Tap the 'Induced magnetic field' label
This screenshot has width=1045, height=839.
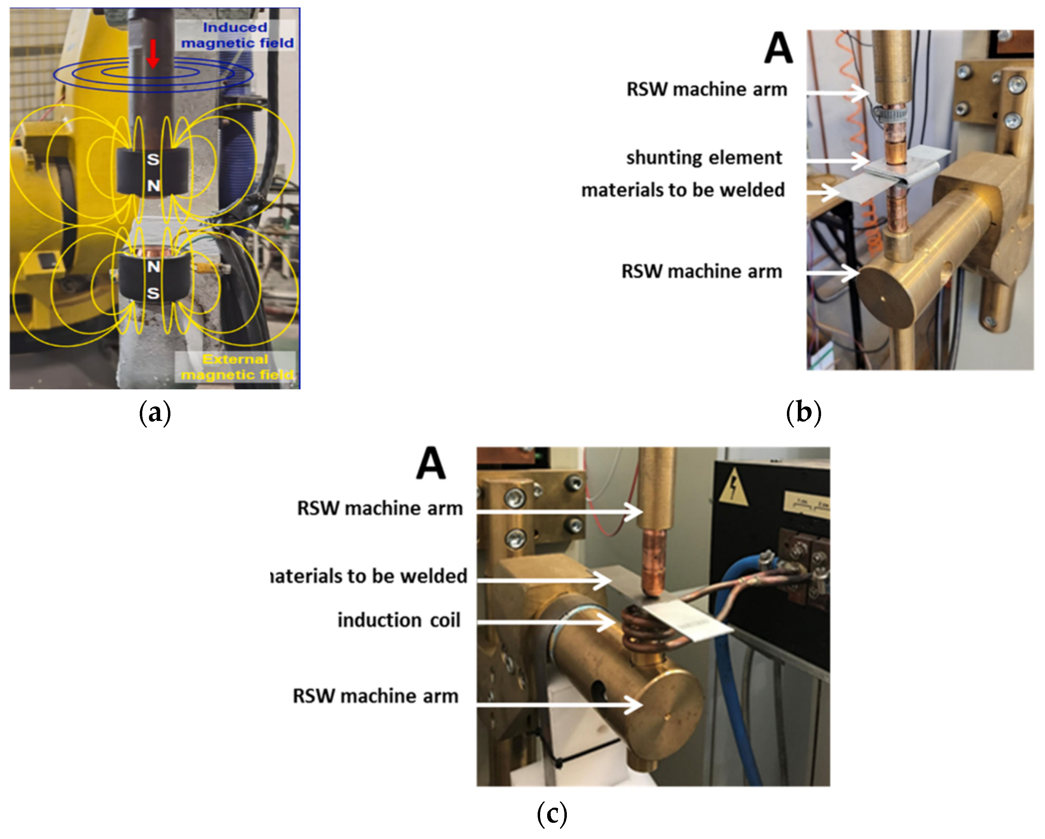[237, 35]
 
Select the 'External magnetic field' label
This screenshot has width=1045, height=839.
[237, 367]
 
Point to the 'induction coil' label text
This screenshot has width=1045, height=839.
[399, 621]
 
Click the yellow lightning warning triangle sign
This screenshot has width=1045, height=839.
[733, 487]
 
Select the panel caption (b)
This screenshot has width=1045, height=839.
[803, 413]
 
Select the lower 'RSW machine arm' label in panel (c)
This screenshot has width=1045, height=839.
[376, 696]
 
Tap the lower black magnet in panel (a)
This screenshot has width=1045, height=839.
[153, 280]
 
